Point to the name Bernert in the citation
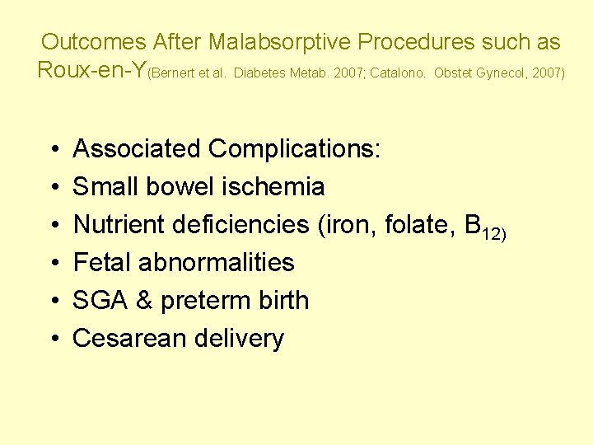(x=170, y=73)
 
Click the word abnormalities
(x=217, y=263)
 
